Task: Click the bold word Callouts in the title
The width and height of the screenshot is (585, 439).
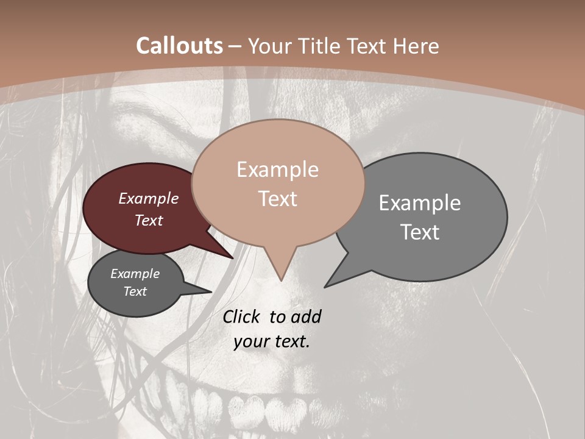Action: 179,46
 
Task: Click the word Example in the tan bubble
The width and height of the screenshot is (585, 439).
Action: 277,170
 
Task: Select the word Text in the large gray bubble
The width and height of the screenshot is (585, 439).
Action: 420,232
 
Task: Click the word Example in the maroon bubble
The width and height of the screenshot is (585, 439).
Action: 149,198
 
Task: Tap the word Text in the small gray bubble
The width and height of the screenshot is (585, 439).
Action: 135,291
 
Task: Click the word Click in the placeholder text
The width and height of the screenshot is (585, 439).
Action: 242,316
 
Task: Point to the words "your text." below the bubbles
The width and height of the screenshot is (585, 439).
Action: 272,341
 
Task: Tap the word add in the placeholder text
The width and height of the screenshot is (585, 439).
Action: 305,316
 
